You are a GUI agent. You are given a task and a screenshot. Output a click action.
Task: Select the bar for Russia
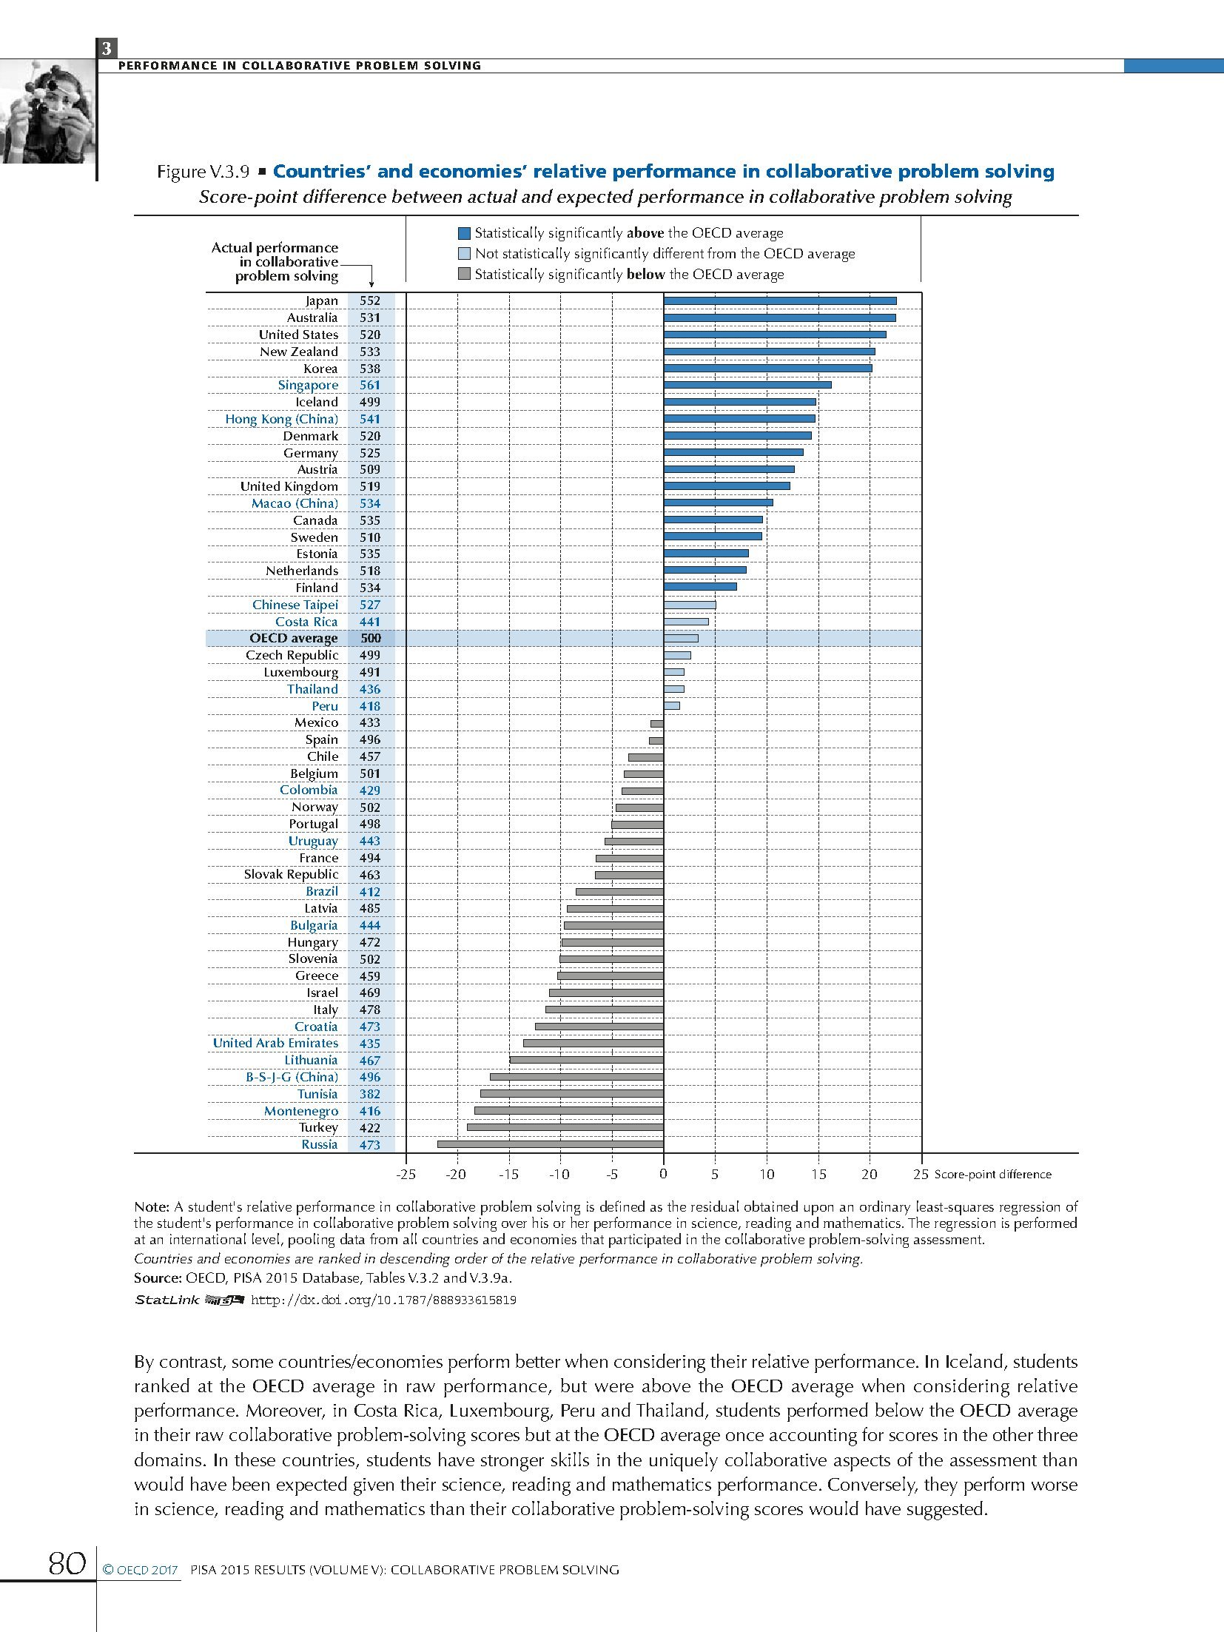pyautogui.click(x=550, y=1144)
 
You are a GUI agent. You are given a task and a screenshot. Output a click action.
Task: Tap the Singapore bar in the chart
pyautogui.click(x=747, y=385)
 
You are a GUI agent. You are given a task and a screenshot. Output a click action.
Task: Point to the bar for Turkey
pyautogui.click(x=565, y=1127)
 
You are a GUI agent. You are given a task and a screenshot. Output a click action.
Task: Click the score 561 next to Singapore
pyautogui.click(x=370, y=385)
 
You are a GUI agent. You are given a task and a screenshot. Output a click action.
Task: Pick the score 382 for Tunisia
pyautogui.click(x=370, y=1094)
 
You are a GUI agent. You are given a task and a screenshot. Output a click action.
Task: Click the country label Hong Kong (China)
pyautogui.click(x=281, y=419)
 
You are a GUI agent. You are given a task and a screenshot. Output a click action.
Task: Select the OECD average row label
pyautogui.click(x=293, y=638)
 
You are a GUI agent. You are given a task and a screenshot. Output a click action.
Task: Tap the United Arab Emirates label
pyautogui.click(x=275, y=1043)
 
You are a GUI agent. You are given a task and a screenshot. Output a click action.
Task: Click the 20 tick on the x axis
pyautogui.click(x=870, y=1174)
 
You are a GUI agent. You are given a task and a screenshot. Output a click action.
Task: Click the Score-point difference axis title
pyautogui.click(x=992, y=1175)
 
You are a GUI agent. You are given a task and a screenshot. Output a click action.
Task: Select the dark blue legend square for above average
pyautogui.click(x=464, y=233)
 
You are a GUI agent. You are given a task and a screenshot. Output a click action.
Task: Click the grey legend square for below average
pyautogui.click(x=464, y=275)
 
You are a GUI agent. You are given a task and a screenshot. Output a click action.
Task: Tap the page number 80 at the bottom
pyautogui.click(x=65, y=1564)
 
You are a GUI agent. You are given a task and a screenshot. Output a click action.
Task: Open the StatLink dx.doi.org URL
pyautogui.click(x=383, y=1300)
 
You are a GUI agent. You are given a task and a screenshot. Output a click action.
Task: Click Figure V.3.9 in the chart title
pyautogui.click(x=202, y=172)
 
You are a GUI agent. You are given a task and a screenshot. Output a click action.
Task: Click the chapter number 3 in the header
pyautogui.click(x=107, y=49)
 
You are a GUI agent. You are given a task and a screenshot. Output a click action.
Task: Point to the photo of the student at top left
pyautogui.click(x=47, y=111)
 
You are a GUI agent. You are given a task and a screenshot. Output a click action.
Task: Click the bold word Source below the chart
pyautogui.click(x=157, y=1277)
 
